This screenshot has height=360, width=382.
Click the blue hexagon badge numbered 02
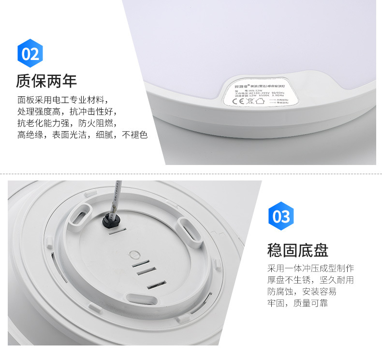click(30, 53)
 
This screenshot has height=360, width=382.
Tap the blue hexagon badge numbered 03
click(280, 216)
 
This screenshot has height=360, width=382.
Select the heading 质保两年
click(46, 80)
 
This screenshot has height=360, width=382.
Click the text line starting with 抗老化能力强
click(67, 123)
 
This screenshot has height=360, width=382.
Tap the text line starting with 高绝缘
click(82, 135)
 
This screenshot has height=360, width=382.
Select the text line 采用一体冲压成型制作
click(310, 269)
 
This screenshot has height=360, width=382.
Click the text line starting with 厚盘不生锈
click(310, 280)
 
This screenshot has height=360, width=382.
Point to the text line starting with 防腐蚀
click(302, 292)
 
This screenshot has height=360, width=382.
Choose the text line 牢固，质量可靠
click(297, 303)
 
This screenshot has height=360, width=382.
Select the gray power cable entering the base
click(116, 192)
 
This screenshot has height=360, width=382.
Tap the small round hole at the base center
click(136, 254)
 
